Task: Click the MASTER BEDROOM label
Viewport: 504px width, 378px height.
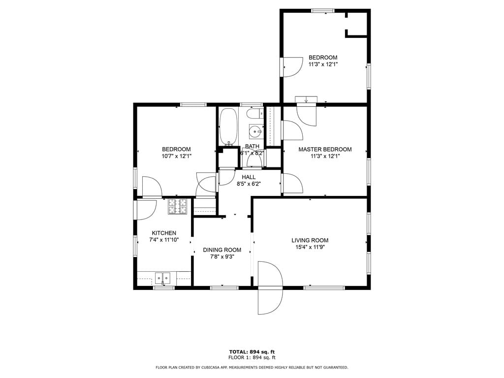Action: [325, 149]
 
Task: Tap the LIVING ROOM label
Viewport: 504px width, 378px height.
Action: [310, 240]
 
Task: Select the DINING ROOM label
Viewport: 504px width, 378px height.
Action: [222, 250]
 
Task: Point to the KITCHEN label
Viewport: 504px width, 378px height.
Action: [164, 233]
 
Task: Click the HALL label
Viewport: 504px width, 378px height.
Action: [249, 177]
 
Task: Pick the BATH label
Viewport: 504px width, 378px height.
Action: [252, 146]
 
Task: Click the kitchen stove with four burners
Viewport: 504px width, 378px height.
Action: [178, 206]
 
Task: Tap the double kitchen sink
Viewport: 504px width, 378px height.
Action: [163, 278]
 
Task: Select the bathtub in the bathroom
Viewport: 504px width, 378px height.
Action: [228, 126]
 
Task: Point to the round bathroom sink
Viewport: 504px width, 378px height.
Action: [256, 131]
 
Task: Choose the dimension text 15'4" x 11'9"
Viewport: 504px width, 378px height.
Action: [310, 247]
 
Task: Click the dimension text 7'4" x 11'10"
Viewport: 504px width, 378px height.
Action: [164, 240]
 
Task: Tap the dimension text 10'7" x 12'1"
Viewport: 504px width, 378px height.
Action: [177, 156]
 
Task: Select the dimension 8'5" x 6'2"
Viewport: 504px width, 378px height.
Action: [249, 184]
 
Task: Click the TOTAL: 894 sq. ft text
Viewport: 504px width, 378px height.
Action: [252, 351]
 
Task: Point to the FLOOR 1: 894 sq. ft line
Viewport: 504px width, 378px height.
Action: [252, 357]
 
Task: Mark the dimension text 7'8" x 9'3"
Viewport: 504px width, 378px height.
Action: [222, 256]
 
